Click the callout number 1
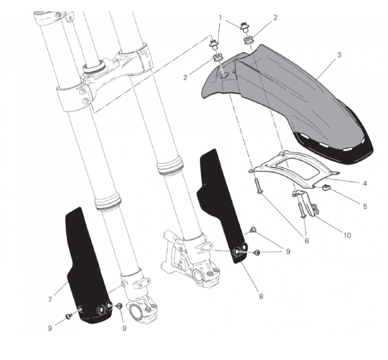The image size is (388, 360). (221, 18)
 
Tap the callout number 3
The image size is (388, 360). (339, 55)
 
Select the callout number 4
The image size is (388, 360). (365, 183)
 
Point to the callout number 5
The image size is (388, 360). (365, 206)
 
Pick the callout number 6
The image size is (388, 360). (307, 240)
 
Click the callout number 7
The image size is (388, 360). (50, 299)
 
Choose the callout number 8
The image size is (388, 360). (261, 296)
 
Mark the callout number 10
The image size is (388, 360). (347, 235)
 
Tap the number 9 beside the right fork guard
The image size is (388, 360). (288, 251)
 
